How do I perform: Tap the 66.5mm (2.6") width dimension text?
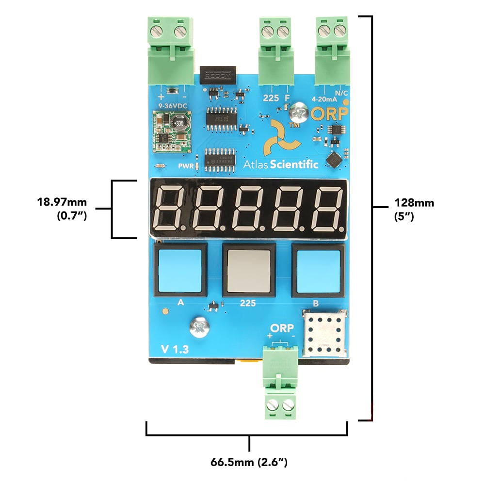249,462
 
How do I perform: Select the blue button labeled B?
317,272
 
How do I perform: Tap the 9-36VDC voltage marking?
172,104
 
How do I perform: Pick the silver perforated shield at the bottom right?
324,334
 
